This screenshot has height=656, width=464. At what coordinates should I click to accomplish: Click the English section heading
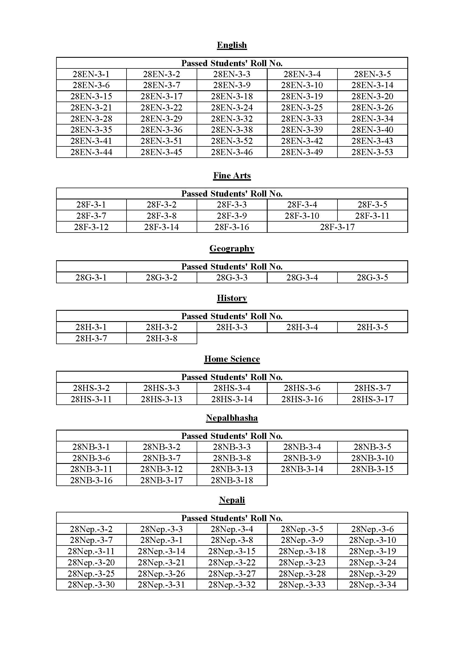tap(232, 45)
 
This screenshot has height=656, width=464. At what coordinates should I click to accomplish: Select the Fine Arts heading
tap(232, 175)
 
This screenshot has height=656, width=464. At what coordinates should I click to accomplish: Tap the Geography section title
tap(232, 248)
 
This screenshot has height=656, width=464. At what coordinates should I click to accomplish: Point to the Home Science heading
tap(232, 359)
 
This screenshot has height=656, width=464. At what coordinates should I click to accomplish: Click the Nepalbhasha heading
tap(232, 418)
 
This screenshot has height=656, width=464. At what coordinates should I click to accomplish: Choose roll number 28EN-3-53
tap(372, 152)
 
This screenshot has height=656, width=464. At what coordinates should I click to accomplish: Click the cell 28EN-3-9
tap(232, 85)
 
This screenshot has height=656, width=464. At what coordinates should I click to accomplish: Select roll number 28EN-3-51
tap(161, 141)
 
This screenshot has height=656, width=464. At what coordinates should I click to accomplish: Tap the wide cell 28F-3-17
tap(337, 227)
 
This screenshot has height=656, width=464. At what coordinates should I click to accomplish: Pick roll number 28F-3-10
tap(302, 216)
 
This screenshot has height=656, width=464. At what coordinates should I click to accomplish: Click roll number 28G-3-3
tap(232, 277)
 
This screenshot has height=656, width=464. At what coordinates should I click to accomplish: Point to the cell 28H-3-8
tap(161, 338)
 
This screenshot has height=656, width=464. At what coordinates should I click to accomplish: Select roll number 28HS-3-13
tap(161, 399)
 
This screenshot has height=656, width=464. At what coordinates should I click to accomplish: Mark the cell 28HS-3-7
tap(372, 388)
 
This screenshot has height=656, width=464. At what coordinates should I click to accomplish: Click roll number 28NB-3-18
tap(232, 480)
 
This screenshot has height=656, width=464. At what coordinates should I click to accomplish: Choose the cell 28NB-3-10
tap(372, 458)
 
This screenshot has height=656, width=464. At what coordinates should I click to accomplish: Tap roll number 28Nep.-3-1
tap(161, 540)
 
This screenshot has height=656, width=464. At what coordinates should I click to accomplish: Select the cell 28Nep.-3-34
tap(372, 584)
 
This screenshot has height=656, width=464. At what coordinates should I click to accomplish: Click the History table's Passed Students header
tap(232, 316)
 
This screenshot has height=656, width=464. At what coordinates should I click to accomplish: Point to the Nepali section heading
tap(232, 500)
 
